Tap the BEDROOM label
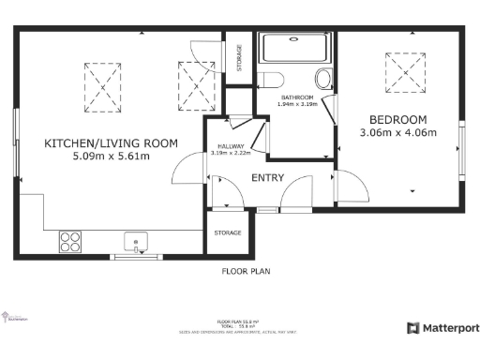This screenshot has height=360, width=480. tap(397, 119)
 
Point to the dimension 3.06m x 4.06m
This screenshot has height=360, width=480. tap(397, 133)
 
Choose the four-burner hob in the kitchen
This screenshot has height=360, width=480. tap(70, 242)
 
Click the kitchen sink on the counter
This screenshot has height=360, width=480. tap(137, 242)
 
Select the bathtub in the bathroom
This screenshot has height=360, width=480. tap(295, 48)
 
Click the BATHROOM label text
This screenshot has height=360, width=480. tap(299, 97)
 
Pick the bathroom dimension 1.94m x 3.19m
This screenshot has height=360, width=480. tap(299, 104)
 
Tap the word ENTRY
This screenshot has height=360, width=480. tap(268, 177)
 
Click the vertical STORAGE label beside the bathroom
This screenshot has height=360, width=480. tap(239, 58)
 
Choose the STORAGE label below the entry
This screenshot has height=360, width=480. tap(228, 232)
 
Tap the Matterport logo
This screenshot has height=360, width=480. tap(442, 328)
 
